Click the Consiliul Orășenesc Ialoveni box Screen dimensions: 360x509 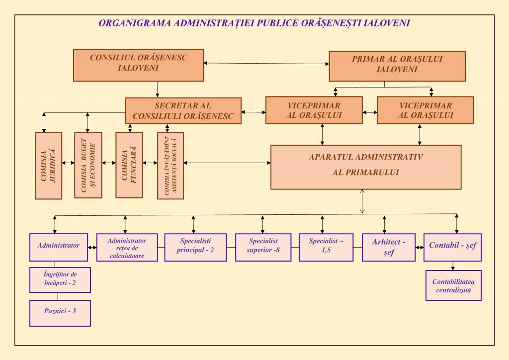pos(138,65)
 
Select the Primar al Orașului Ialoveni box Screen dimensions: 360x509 pos(397,65)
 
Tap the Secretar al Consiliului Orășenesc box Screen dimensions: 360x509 pos(183,110)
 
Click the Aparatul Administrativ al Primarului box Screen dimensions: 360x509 pos(365,167)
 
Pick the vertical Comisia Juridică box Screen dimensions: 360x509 pos(49,166)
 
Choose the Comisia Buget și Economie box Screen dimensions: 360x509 pos(88,165)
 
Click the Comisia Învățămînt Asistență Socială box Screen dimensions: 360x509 pos(170,166)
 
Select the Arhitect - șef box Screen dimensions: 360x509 pos(388,247)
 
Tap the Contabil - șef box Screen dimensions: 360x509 pos(452,247)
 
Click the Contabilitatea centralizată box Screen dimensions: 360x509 pos(453,285)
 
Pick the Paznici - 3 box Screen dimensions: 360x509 pos(60,313)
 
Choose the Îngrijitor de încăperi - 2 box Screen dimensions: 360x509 pos(60,280)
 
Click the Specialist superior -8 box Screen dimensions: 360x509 pos(263,247)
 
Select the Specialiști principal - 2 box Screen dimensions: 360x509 pos(195,247)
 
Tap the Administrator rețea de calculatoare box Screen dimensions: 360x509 pos(127,248)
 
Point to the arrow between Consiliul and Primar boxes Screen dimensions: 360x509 pos(266,63)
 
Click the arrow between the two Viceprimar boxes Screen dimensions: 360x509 pos(370,112)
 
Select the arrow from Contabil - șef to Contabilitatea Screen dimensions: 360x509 pos(452,266)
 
